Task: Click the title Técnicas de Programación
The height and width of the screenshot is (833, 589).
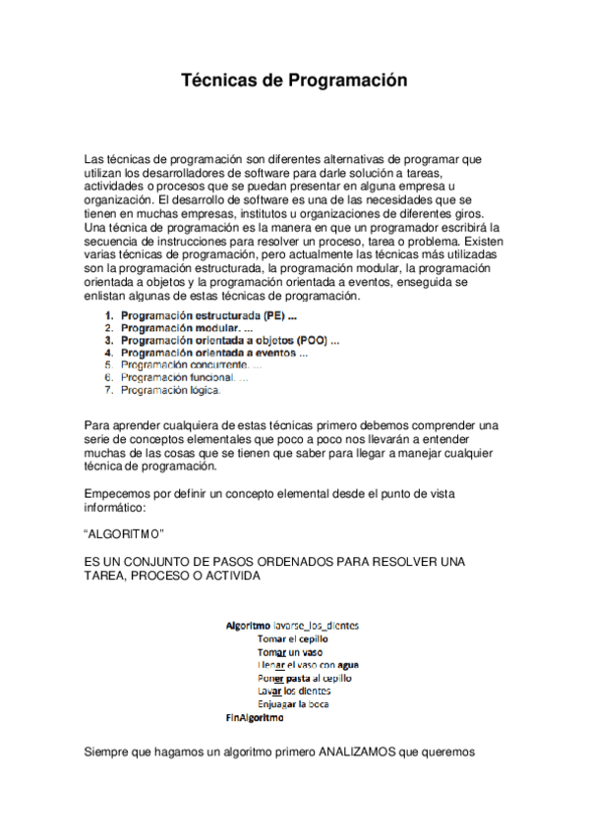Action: click(294, 82)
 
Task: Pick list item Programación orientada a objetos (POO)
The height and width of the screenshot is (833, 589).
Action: click(230, 341)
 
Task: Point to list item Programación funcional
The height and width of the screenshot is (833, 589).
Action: click(177, 377)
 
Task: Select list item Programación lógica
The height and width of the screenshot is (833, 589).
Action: click(171, 390)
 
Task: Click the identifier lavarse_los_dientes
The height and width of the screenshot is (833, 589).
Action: click(316, 625)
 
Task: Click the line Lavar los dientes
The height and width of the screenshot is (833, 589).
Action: click(293, 691)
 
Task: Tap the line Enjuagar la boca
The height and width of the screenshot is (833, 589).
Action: click(293, 703)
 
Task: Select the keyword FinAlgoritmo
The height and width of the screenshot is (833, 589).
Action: click(255, 717)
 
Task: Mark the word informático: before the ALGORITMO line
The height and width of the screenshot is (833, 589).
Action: click(116, 508)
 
